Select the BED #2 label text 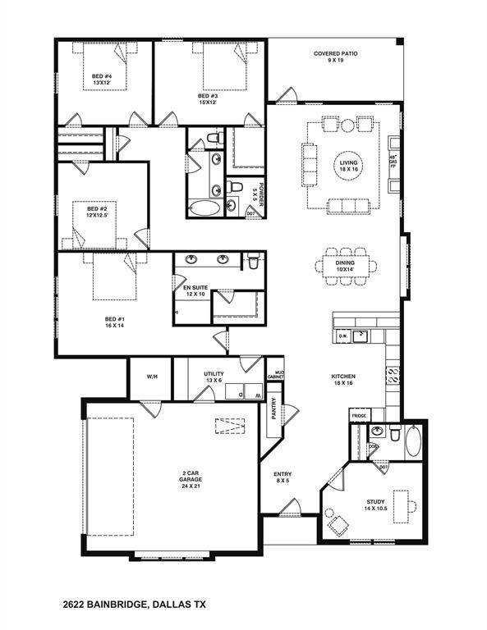pos(98,212)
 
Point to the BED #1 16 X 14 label pos(113,322)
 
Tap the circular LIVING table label pos(349,167)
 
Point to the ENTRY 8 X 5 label pos(283,477)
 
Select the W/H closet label pos(152,377)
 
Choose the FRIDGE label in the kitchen pos(359,417)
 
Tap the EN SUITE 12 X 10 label pos(195,291)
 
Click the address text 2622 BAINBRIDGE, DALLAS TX pos(134,604)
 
